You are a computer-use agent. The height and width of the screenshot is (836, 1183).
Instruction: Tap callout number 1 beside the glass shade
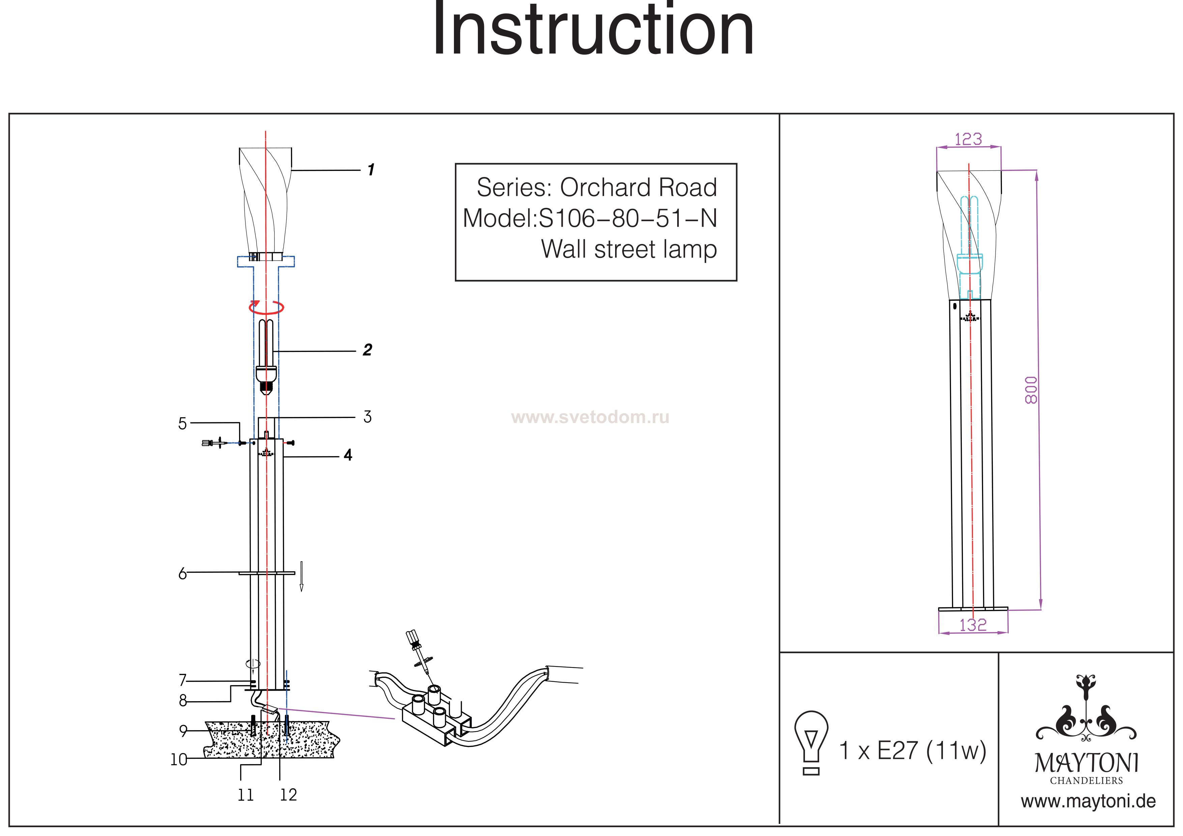[x=371, y=170]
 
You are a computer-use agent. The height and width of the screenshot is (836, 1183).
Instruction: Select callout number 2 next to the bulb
[x=367, y=350]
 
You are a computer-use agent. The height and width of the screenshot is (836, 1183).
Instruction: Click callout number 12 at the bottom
[x=288, y=795]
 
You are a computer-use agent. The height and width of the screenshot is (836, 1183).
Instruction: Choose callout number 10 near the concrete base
[x=179, y=759]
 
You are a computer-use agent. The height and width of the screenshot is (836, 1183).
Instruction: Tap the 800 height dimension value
[x=1031, y=390]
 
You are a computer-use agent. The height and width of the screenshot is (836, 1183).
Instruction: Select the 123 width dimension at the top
[x=968, y=139]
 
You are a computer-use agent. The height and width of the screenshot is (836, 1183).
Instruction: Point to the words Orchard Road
[x=638, y=187]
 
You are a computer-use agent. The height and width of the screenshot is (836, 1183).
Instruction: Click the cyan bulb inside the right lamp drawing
[x=969, y=237]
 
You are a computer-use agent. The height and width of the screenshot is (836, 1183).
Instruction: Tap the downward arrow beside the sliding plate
[x=301, y=576]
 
